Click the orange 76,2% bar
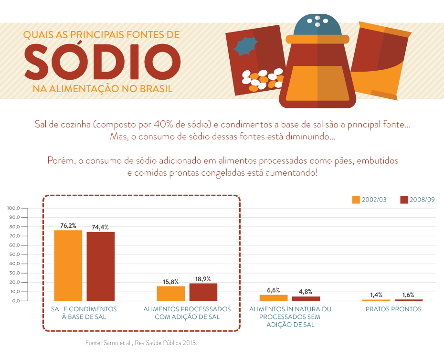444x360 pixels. [x=68, y=265]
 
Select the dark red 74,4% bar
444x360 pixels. [x=101, y=266]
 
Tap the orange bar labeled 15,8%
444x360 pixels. [x=171, y=293]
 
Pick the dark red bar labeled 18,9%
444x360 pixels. [x=203, y=292]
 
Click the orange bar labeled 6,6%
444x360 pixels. [x=274, y=297]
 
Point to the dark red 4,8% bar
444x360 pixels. [x=306, y=298]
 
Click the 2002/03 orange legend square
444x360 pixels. [x=356, y=200]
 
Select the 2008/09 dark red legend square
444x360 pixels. [x=404, y=200]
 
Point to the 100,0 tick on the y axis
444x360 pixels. [x=13, y=208]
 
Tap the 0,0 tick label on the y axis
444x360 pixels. [x=15, y=301]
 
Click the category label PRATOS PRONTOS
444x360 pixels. [x=393, y=309]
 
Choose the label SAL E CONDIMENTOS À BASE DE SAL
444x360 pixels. [x=84, y=313]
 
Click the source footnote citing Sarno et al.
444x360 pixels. [x=141, y=343]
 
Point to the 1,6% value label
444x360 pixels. [x=408, y=295]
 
